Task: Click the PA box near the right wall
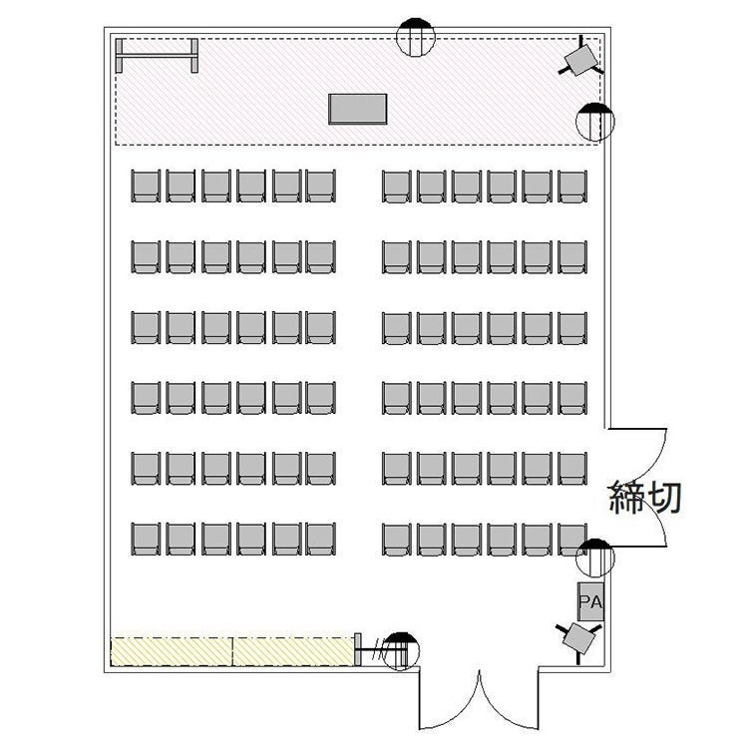pos(590,601)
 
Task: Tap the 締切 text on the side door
pos(645,497)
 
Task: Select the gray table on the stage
pos(358,109)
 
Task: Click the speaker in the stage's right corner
pos(581,59)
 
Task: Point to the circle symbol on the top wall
pos(416,37)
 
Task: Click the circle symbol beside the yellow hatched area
pos(401,651)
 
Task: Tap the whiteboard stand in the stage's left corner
pos(157,56)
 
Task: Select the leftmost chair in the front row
pos(146,187)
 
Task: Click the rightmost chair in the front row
pos(572,187)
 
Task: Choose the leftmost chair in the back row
pos(146,539)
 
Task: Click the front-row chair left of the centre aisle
pos(320,187)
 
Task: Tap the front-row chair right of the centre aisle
pos(396,187)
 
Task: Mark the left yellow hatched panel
pos(172,651)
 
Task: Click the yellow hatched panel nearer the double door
pos(294,651)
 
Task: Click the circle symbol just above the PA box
pos(594,558)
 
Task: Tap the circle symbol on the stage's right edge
pos(595,122)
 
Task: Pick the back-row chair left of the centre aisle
pos(320,539)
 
